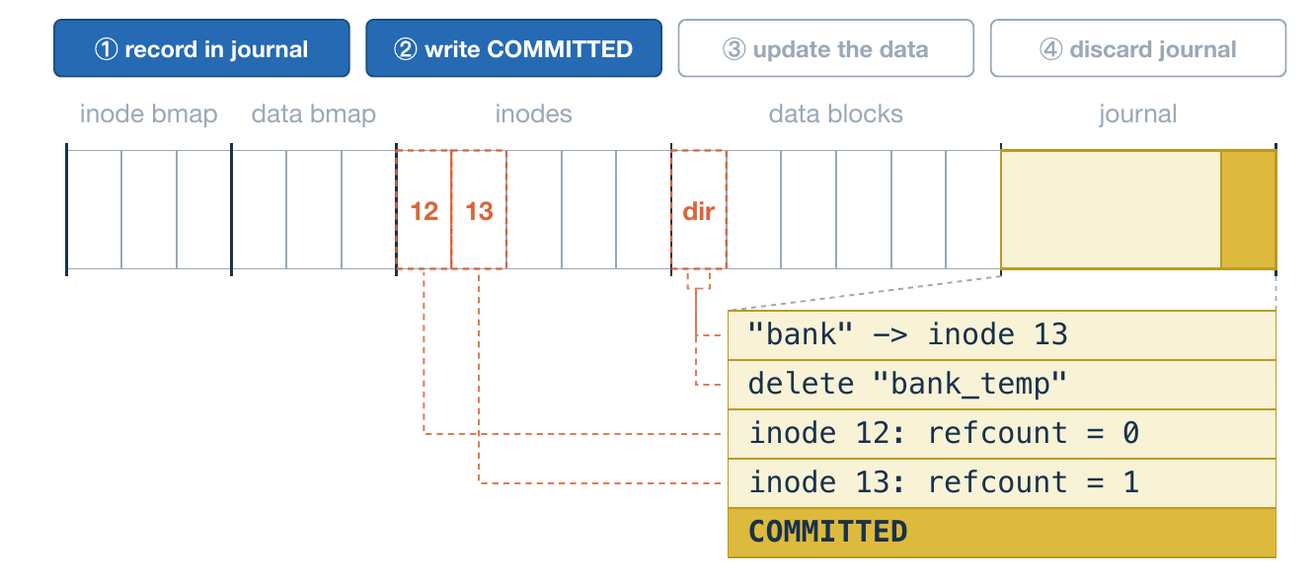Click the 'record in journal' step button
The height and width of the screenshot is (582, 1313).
pyautogui.click(x=201, y=48)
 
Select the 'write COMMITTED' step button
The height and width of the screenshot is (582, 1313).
pyautogui.click(x=514, y=48)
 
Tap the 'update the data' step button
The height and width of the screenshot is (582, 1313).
pyautogui.click(x=826, y=48)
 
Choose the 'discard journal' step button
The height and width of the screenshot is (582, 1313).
pyautogui.click(x=1138, y=48)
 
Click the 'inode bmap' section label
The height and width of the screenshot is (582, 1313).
pyautogui.click(x=148, y=113)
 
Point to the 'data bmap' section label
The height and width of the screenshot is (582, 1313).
pyautogui.click(x=314, y=113)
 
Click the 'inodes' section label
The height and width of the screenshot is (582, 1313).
pyautogui.click(x=533, y=113)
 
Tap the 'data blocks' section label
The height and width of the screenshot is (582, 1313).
pyautogui.click(x=836, y=113)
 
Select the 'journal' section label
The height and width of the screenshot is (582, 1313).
pyautogui.click(x=1137, y=113)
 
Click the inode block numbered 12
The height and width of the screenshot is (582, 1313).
pyautogui.click(x=424, y=210)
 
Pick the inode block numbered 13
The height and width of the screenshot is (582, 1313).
pyautogui.click(x=479, y=210)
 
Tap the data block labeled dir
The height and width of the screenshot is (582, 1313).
pyautogui.click(x=699, y=210)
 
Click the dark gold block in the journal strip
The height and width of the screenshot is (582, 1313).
pyautogui.click(x=1249, y=209)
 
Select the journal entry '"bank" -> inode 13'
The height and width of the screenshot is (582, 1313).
pyautogui.click(x=1002, y=335)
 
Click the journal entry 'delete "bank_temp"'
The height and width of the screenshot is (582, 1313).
pyautogui.click(x=1002, y=385)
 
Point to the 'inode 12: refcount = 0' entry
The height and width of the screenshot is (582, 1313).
pyautogui.click(x=1002, y=434)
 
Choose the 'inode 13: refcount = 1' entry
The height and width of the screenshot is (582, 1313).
pyautogui.click(x=1002, y=483)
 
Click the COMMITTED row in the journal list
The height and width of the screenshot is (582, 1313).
pyautogui.click(x=1002, y=533)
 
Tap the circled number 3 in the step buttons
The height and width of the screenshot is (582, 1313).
pyautogui.click(x=734, y=49)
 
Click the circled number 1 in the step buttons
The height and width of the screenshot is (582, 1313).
pyautogui.click(x=106, y=49)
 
